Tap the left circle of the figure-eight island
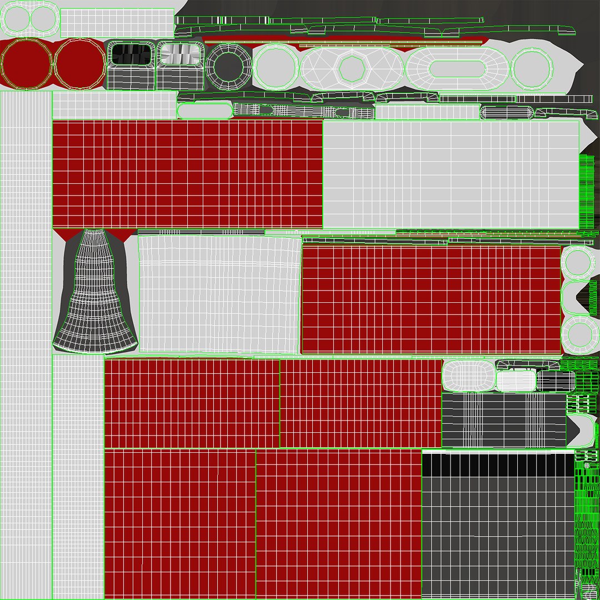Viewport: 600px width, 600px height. [x=16, y=20]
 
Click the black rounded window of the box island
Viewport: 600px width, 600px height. [x=130, y=54]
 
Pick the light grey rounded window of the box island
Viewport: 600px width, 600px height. [x=179, y=54]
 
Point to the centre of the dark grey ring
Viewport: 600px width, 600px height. [x=228, y=67]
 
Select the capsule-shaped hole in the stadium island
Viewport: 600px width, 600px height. [x=455, y=68]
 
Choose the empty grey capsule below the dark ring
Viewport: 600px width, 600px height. [x=204, y=111]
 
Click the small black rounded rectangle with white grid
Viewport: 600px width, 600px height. [x=556, y=381]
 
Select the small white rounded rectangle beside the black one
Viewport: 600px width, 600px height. [x=516, y=381]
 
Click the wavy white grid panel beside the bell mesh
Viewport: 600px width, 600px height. [x=219, y=293]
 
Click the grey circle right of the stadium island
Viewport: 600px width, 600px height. [x=532, y=68]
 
